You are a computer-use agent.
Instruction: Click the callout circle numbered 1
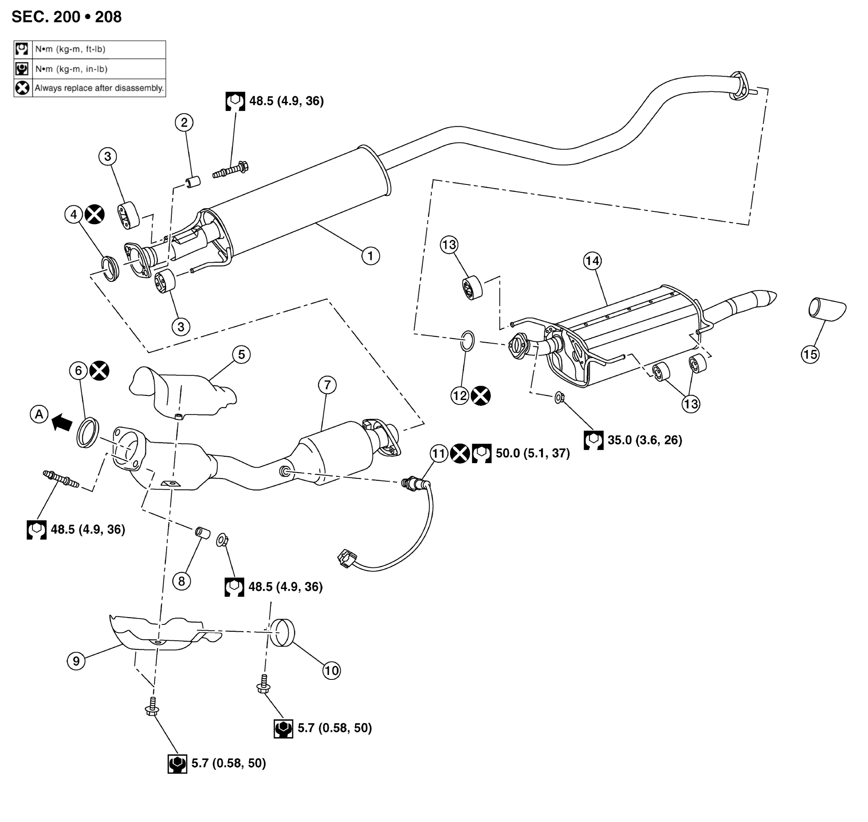pos(370,255)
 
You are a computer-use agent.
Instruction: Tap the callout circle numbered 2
pos(184,122)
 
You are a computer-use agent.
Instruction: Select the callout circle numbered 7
pos(328,385)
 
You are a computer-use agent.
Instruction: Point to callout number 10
pos(331,670)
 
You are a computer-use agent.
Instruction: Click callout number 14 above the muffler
pos(592,261)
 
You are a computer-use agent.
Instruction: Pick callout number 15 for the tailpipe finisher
pos(810,354)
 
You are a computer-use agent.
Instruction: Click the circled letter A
pos(39,414)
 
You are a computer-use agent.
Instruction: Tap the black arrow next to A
pos(62,423)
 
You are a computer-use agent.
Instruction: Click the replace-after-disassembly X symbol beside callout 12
pos(480,396)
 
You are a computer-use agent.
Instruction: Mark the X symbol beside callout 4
pos(95,214)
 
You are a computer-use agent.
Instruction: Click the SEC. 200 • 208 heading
pos(67,17)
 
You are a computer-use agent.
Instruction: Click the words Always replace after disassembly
pos(99,88)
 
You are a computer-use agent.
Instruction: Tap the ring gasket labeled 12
pos(468,341)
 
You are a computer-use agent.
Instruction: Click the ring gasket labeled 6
pos(88,433)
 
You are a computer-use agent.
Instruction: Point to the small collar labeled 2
pos(193,181)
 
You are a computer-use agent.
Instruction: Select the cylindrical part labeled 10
pos(282,632)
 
